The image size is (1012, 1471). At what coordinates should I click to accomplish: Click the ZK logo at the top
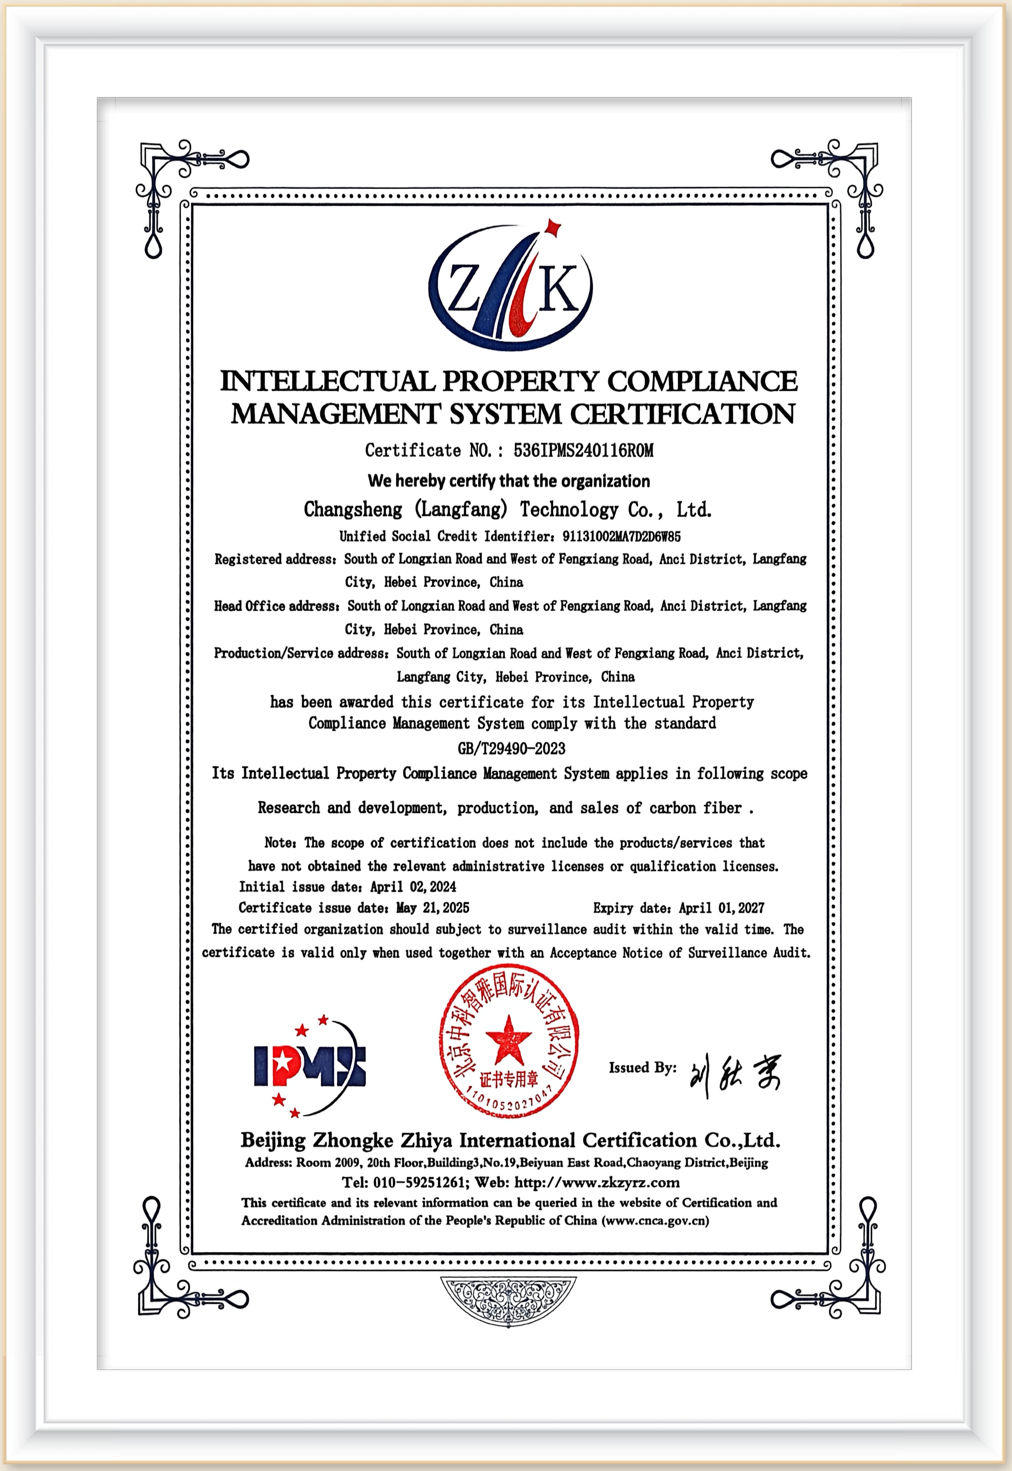coord(510,289)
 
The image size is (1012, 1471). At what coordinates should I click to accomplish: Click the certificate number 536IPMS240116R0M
coord(583,451)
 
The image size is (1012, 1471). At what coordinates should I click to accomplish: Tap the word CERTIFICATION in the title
coord(682,414)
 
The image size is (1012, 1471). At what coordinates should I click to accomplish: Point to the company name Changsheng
coord(353,509)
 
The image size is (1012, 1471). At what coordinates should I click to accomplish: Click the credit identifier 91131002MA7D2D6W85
coord(622,537)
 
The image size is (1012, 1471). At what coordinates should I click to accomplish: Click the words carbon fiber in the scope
coord(695,808)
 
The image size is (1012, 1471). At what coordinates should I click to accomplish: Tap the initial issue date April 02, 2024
coord(413,886)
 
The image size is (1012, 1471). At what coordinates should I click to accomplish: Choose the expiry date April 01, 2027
coord(721,908)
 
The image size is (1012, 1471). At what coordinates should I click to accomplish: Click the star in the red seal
coord(508,1037)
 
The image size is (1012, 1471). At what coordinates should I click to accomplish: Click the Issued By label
coord(642,1068)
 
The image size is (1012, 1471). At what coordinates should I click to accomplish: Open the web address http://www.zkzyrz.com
coord(597,1182)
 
